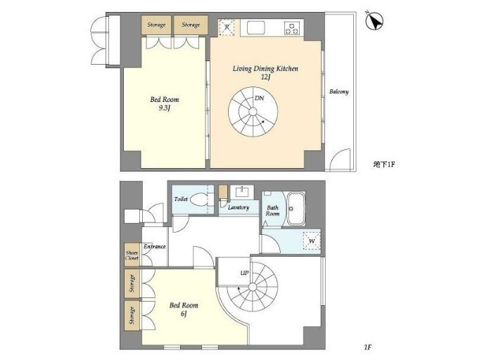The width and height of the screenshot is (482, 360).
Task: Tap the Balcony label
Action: coord(338,92)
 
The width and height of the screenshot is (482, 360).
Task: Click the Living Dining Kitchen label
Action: coord(266,68)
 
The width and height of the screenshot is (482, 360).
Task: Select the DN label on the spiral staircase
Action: coord(260,98)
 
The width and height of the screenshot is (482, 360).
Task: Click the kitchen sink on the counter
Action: coord(254,28)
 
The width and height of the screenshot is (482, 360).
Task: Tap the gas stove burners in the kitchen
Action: coord(291,28)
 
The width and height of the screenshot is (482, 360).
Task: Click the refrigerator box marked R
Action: coord(227,27)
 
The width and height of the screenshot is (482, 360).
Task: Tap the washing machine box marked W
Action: coord(311,241)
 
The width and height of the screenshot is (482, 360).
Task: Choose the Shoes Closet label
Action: coord(132,255)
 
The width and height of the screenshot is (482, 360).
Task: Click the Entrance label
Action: coord(154,247)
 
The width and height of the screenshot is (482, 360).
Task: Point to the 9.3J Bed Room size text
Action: coord(164,109)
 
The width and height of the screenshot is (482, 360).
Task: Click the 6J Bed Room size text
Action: coord(184,314)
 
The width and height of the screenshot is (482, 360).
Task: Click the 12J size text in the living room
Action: coord(265,77)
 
